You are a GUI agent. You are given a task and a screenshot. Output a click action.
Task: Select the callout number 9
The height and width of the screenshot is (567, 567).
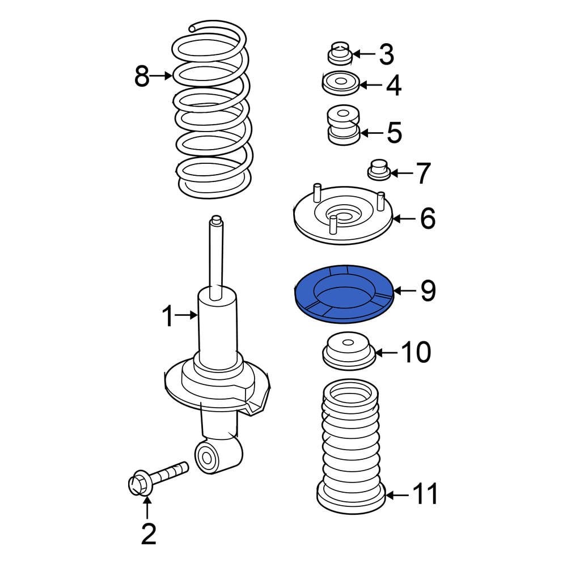(428, 291)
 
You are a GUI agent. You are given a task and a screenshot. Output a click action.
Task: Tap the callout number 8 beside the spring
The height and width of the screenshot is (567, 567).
(142, 76)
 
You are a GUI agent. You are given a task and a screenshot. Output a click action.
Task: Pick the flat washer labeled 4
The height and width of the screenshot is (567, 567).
(340, 84)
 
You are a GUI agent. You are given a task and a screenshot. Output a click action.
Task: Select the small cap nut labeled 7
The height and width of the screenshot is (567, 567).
(379, 170)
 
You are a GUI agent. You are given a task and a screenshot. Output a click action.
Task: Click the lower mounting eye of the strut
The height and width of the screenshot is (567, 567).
(208, 456)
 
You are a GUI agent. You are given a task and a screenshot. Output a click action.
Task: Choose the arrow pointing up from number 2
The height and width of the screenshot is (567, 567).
(147, 507)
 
